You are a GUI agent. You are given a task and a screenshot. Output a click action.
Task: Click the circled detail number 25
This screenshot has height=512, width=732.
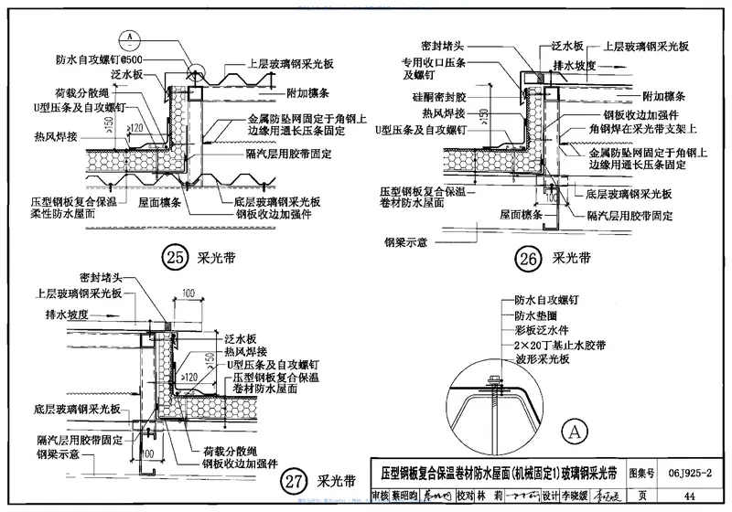pyautogui.click(x=174, y=258)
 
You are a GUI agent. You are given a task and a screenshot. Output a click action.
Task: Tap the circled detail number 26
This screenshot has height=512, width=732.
pyautogui.click(x=527, y=259)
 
